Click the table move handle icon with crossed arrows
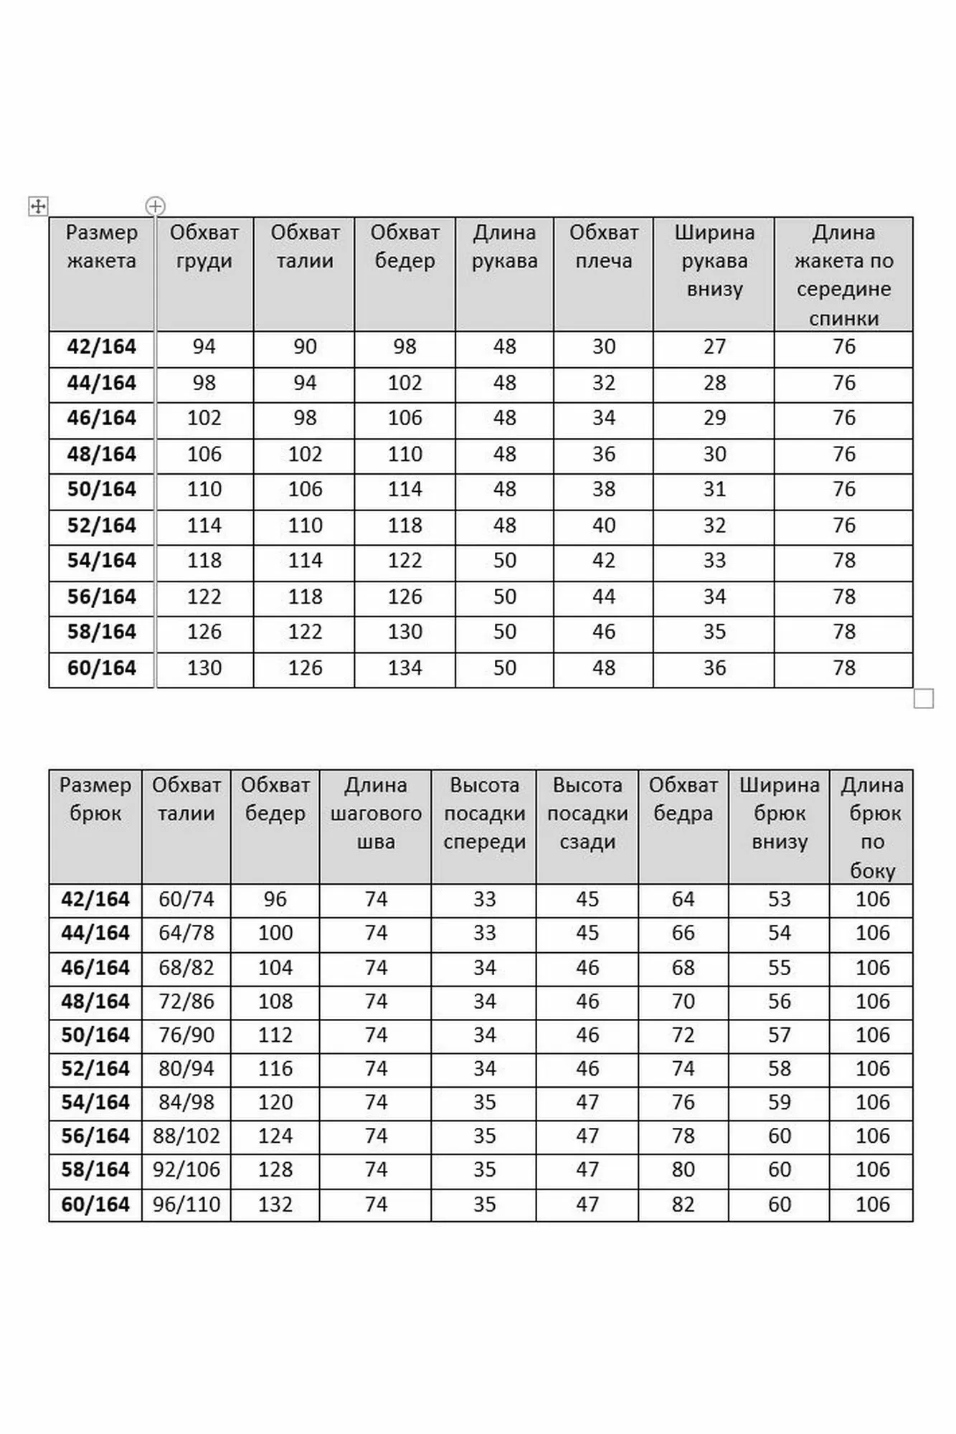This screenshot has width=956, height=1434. (x=38, y=206)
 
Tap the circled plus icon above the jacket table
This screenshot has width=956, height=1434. (x=155, y=206)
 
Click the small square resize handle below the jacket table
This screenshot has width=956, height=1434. (x=923, y=698)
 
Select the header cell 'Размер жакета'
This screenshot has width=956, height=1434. (x=102, y=247)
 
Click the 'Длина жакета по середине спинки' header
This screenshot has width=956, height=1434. (x=843, y=275)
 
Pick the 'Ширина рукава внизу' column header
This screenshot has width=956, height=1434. (x=714, y=260)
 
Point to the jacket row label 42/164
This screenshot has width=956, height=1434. (x=102, y=347)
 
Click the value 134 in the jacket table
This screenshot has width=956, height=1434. (x=404, y=668)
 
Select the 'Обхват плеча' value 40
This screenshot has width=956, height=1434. (x=603, y=526)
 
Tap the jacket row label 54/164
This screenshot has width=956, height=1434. (x=102, y=561)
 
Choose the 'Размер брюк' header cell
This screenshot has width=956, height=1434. (x=95, y=799)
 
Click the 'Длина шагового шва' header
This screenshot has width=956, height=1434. (x=376, y=813)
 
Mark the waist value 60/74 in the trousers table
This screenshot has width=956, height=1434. (x=186, y=899)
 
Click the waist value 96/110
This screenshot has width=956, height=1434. (x=186, y=1204)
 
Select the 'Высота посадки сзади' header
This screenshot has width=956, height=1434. (x=587, y=813)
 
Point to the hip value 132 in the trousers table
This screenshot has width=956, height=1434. (x=275, y=1204)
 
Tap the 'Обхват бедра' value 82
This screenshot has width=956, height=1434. (x=683, y=1204)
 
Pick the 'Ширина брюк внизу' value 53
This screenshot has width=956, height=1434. (x=779, y=899)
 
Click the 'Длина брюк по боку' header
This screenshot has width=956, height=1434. (x=872, y=827)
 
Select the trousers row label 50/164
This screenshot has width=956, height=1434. (x=95, y=1035)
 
